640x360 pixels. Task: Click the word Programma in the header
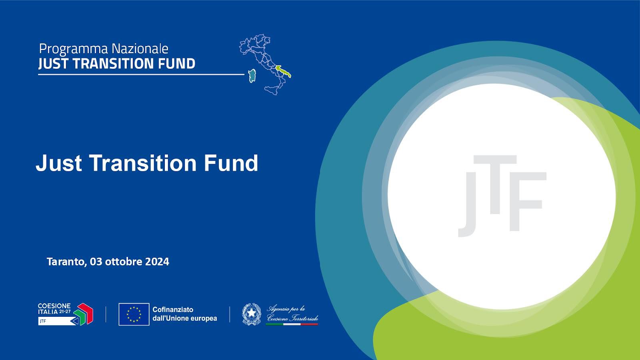click(74, 49)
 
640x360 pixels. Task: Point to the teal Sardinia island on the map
click(252, 76)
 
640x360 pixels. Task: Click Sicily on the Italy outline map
click(271, 90)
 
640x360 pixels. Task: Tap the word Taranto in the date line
click(66, 262)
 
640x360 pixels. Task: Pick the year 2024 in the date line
click(157, 262)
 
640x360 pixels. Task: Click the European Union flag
click(134, 314)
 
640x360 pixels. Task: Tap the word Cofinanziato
click(173, 310)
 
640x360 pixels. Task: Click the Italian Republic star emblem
click(252, 314)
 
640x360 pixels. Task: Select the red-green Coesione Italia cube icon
click(83, 314)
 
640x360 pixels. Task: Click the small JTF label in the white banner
click(43, 321)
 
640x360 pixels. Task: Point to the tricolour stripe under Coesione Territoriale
click(292, 324)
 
